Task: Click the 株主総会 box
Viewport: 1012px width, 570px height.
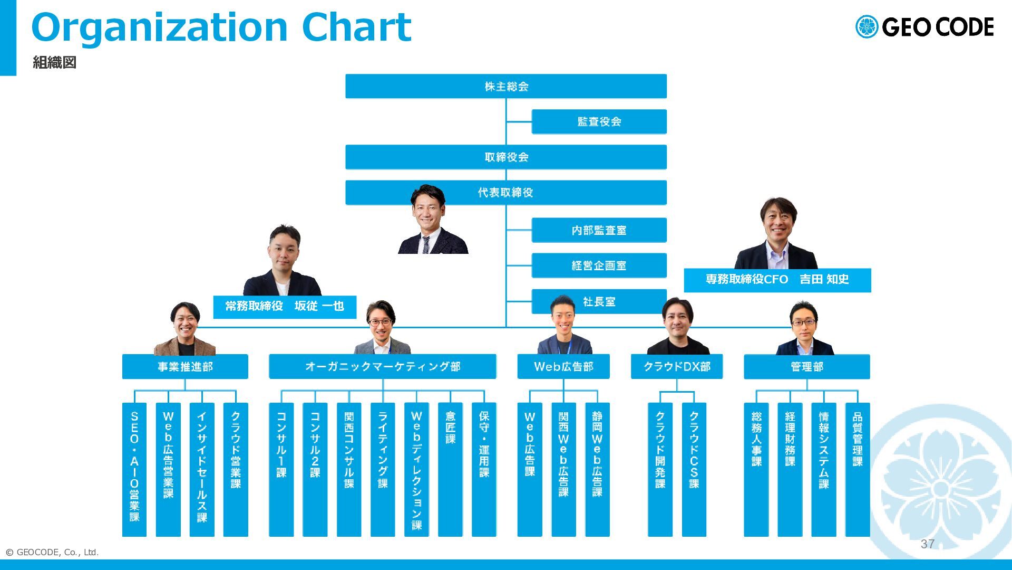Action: click(506, 86)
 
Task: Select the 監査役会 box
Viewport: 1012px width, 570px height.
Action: click(599, 121)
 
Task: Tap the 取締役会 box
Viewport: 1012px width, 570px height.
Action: click(506, 157)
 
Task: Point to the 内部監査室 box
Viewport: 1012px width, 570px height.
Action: click(599, 230)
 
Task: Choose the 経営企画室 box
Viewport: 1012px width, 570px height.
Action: click(599, 265)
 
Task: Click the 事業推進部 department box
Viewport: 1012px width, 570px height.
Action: click(185, 366)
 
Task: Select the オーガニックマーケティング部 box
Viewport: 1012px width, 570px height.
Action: click(383, 366)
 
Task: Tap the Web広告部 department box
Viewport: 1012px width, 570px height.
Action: click(563, 366)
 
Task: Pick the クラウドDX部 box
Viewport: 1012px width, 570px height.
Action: click(677, 366)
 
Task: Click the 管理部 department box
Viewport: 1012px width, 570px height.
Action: click(807, 366)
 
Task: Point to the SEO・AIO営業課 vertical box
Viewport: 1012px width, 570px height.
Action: click(134, 470)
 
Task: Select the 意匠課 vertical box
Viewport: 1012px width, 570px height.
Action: click(450, 470)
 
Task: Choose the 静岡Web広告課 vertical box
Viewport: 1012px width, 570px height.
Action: click(597, 470)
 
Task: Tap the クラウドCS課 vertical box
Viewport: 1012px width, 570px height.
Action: click(694, 470)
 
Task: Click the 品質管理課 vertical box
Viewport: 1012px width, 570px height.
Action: click(858, 470)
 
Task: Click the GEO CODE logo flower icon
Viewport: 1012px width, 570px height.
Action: click(867, 27)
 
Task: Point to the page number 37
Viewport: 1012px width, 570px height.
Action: click(928, 544)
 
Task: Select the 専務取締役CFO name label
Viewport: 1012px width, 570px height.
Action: click(777, 280)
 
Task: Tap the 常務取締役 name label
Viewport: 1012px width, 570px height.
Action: click(285, 307)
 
